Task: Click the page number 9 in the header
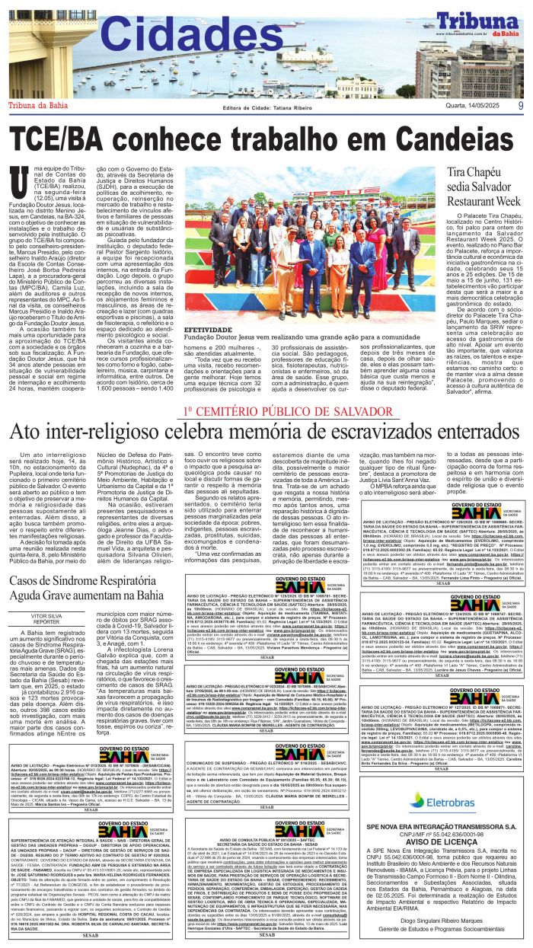(x=520, y=107)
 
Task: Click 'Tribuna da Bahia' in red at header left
(x=38, y=106)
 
